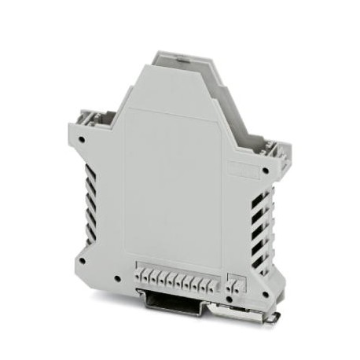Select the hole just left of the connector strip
click(116, 279)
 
